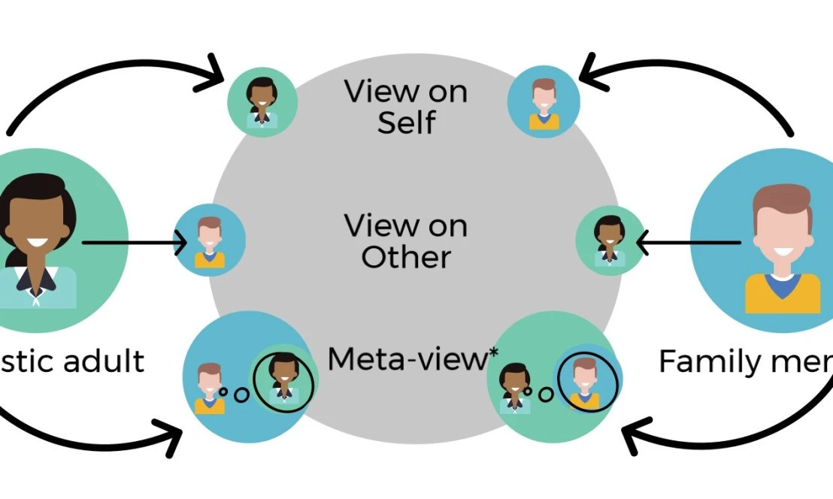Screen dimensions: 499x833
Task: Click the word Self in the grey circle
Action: pos(406,122)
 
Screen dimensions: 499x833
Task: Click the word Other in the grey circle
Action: pos(406,257)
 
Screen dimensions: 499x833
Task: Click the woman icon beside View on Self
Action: pos(262,102)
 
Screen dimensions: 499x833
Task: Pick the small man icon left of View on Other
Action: pos(210,240)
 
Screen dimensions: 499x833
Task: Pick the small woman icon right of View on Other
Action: pos(610,240)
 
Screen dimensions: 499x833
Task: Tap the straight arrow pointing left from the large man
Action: pos(687,243)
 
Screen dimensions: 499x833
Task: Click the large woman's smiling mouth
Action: pos(38,244)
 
